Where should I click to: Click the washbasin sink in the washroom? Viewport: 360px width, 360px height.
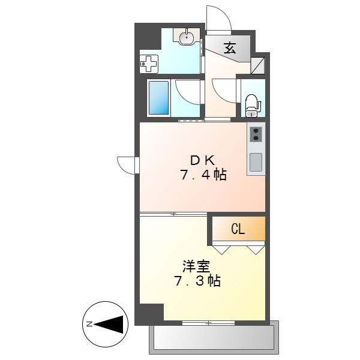[x=186, y=36]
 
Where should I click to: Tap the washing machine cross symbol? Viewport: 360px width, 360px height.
[x=149, y=64]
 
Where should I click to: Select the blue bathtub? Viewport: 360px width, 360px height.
[x=158, y=98]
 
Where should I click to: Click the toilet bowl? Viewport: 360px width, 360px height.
[x=252, y=106]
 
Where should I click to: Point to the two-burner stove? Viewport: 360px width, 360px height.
[x=256, y=134]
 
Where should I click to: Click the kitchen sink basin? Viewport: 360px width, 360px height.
[x=256, y=162]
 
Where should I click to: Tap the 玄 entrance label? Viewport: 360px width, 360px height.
[x=230, y=48]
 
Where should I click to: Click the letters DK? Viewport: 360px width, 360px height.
[x=203, y=160]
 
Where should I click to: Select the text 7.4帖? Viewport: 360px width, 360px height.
[x=203, y=175]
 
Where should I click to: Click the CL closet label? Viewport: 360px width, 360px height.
[x=238, y=229]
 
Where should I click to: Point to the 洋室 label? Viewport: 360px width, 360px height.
[x=196, y=266]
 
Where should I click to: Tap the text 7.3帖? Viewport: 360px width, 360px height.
[x=197, y=281]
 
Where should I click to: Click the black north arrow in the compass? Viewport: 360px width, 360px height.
[x=109, y=325]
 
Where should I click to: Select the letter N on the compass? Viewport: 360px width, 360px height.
[x=89, y=324]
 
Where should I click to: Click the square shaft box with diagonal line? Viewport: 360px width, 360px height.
[x=257, y=65]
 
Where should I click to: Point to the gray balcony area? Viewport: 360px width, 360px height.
[x=214, y=337]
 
